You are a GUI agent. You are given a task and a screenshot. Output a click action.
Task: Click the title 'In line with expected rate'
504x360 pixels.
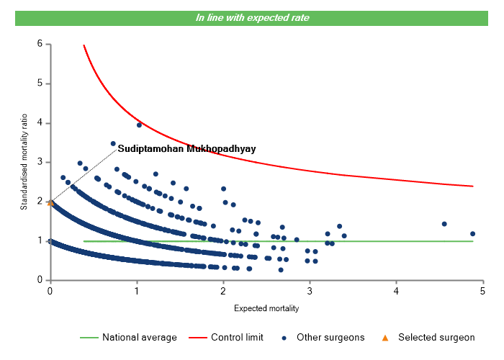tap(253, 17)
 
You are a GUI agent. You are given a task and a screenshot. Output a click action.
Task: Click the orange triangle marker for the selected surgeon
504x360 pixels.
tap(50, 202)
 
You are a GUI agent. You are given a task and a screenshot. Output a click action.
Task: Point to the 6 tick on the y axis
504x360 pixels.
tap(48, 44)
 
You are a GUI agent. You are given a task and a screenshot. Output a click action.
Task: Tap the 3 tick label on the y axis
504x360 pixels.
tap(40, 162)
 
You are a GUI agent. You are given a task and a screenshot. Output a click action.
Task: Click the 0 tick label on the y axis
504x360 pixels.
tap(40, 280)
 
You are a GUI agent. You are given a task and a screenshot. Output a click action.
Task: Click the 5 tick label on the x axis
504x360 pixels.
tap(483, 291)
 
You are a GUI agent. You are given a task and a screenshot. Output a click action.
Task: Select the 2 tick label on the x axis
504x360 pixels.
tap(223, 291)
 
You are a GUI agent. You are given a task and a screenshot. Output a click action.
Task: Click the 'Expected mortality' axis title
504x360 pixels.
tap(266, 309)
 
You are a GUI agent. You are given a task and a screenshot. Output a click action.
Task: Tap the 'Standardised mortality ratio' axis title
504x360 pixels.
tap(24, 162)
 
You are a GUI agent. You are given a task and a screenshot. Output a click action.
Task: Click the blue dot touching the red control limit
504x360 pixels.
tap(139, 125)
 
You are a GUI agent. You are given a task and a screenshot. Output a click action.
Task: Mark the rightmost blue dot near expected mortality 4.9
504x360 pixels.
tap(473, 233)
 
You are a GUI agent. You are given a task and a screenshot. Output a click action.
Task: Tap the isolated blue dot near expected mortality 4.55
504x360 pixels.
tap(444, 224)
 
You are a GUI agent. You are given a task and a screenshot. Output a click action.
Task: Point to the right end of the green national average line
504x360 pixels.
tap(473, 241)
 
